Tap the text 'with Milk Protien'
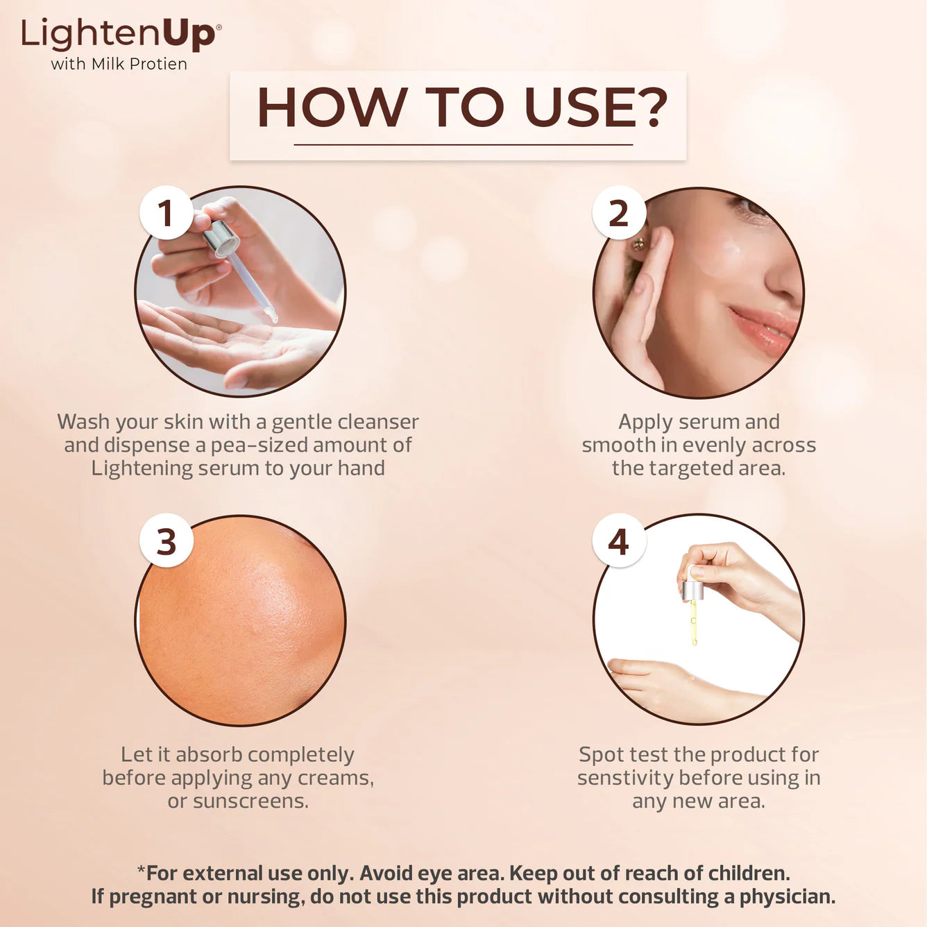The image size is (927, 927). pyautogui.click(x=119, y=64)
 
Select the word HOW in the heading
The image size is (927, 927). pyautogui.click(x=332, y=108)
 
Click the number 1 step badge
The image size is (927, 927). pyautogui.click(x=166, y=213)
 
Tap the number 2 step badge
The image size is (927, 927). pyautogui.click(x=618, y=213)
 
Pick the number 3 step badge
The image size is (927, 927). pyautogui.click(x=166, y=541)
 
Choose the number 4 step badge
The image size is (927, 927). pyautogui.click(x=618, y=541)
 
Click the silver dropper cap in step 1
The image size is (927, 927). pyautogui.click(x=221, y=238)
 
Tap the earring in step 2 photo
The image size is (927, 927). pyautogui.click(x=638, y=244)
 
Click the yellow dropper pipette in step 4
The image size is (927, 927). pyautogui.click(x=693, y=621)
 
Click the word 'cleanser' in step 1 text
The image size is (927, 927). pyautogui.click(x=380, y=422)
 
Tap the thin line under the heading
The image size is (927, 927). pyautogui.click(x=463, y=144)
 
